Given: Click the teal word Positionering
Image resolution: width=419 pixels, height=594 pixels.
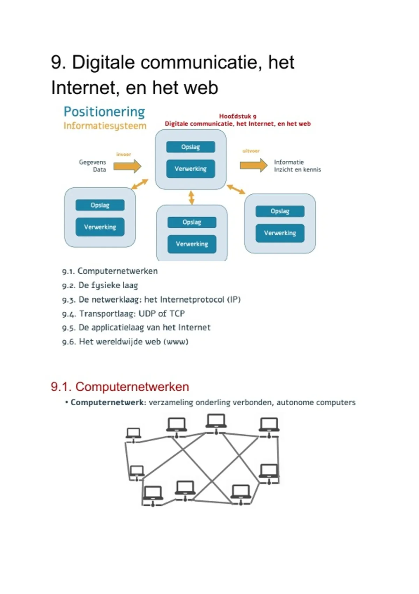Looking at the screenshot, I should [x=104, y=112].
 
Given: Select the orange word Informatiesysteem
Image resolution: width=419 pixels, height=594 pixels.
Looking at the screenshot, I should [x=105, y=126].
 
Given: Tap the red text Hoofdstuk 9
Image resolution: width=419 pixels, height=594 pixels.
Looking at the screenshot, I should [x=237, y=116].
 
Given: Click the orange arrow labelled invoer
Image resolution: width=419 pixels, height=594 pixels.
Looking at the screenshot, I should [x=127, y=166].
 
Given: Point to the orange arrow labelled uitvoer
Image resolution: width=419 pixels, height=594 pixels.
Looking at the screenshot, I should [x=253, y=165].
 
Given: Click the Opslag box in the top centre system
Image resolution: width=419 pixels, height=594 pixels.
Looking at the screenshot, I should [x=191, y=147].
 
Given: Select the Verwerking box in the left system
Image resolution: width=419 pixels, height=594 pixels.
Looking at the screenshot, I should [x=100, y=227].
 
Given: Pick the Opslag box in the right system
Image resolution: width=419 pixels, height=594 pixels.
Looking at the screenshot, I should [x=280, y=211].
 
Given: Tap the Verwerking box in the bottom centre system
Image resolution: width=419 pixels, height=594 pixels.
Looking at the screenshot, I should [x=192, y=244].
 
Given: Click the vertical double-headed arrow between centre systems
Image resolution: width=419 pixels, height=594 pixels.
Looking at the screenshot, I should [x=191, y=197].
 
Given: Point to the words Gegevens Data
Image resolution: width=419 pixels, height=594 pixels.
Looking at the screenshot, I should [x=93, y=166].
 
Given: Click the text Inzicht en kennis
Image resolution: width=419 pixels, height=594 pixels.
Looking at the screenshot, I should [x=297, y=170].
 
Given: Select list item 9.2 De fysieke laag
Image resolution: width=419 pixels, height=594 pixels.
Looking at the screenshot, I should [x=100, y=285].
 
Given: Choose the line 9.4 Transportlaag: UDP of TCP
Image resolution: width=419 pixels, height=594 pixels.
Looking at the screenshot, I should [x=123, y=314].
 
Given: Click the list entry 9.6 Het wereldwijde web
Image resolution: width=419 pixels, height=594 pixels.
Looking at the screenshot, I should [x=125, y=342].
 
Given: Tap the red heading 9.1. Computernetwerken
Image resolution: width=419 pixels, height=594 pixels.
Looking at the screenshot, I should [x=120, y=387].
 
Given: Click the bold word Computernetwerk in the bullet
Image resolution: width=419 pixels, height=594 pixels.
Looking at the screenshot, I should [x=107, y=403].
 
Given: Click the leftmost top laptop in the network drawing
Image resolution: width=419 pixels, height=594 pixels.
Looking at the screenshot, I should [x=133, y=433].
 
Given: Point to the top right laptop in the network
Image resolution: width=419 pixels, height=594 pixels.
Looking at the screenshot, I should [x=269, y=425].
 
